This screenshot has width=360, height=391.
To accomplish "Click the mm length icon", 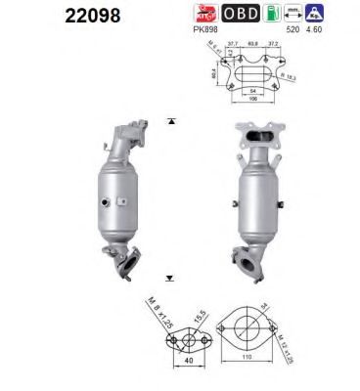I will coord(288,13).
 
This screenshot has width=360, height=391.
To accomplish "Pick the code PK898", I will coord(205,32).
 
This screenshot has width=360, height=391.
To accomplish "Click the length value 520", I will coord(289,31).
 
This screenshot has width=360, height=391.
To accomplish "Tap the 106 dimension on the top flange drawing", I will coord(252,98).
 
